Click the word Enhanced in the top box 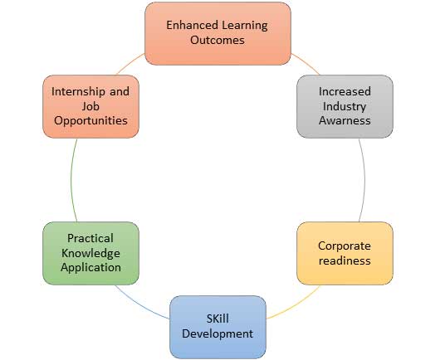pos(193,25)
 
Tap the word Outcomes pos(218,40)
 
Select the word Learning pos(245,26)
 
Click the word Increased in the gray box pos(345,91)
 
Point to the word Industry pos(345,107)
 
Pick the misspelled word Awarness pos(345,120)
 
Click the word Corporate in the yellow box pos(345,246)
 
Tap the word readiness pos(345,260)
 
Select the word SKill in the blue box pos(218,319)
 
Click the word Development pos(218,333)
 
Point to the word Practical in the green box pos(90,238)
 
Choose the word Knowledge pos(90,254)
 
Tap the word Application pos(90,268)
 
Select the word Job pos(90,106)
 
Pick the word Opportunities pos(90,121)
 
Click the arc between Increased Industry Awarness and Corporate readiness pos(364,180)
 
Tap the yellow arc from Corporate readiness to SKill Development pos(296,306)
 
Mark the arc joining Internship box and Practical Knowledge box pos(71,180)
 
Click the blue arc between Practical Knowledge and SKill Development pos(140,306)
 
